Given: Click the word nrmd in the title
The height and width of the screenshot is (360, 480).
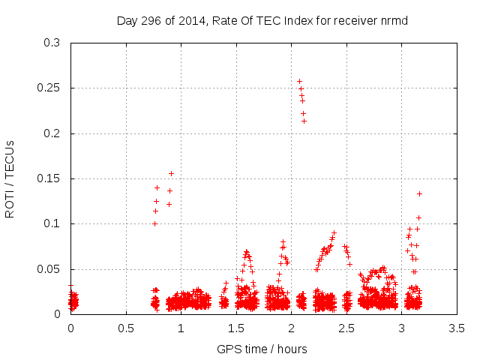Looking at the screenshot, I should click(392, 20).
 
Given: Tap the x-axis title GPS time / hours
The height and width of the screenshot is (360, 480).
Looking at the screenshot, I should click(261, 349).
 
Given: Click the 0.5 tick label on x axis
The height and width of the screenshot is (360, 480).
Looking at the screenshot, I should click(125, 328).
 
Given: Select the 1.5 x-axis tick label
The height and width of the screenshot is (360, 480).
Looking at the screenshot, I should click(236, 328).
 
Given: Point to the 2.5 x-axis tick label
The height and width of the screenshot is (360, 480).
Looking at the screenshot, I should click(346, 328).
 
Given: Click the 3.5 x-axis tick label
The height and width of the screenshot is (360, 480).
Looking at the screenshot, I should click(457, 328).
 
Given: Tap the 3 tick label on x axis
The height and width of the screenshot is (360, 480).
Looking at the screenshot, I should click(402, 328).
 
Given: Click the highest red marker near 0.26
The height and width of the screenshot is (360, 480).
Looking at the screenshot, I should click(299, 81).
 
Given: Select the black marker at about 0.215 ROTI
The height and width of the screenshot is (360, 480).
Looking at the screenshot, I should click(304, 121).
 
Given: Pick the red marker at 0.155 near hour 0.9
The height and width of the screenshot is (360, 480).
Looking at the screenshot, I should click(171, 173).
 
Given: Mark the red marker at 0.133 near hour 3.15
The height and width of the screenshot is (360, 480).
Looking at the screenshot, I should click(419, 193).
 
